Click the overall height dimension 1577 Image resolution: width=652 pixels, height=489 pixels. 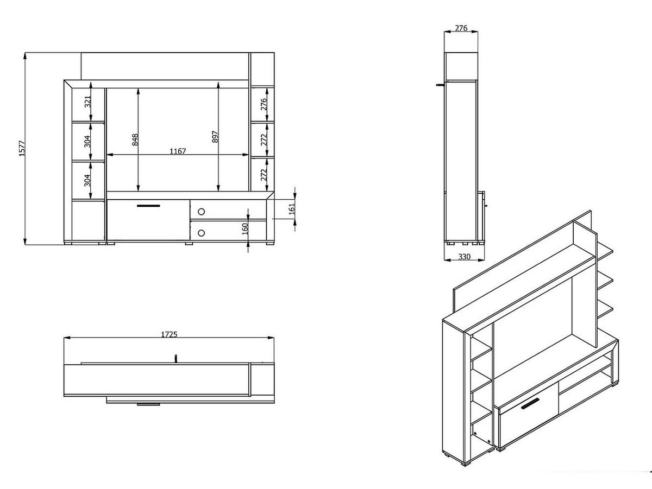pyautogui.click(x=22, y=148)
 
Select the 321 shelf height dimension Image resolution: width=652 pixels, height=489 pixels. pyautogui.click(x=87, y=101)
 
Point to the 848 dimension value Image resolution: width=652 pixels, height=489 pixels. pyautogui.click(x=135, y=140)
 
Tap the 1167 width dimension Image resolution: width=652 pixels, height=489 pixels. pyautogui.click(x=177, y=151)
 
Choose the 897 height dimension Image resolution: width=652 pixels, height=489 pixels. pyautogui.click(x=215, y=137)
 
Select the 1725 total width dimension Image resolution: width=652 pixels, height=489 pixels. pyautogui.click(x=169, y=334)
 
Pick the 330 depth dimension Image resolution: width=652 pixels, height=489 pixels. pyautogui.click(x=463, y=257)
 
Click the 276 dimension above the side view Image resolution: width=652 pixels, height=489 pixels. pyautogui.click(x=461, y=28)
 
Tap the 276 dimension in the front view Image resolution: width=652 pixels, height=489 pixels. pyautogui.click(x=264, y=104)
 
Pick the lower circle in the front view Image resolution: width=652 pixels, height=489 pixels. pyautogui.click(x=202, y=233)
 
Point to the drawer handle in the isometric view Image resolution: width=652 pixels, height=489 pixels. pyautogui.click(x=529, y=404)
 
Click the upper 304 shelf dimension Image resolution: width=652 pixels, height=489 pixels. pyautogui.click(x=87, y=142)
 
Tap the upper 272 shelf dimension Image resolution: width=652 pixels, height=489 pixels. pyautogui.click(x=264, y=141)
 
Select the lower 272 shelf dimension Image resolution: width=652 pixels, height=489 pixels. pyautogui.click(x=264, y=175)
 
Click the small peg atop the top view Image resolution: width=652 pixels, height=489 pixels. pyautogui.click(x=175, y=358)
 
